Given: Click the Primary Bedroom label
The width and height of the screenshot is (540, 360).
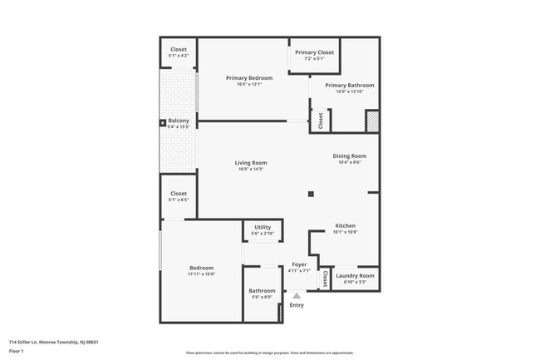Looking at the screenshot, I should [x=249, y=78].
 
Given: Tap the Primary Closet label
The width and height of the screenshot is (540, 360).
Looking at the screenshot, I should [x=314, y=52].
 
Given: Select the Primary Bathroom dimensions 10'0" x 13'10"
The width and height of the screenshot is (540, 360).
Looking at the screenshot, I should [x=349, y=92].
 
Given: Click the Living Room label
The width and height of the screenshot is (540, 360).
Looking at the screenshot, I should [x=249, y=163].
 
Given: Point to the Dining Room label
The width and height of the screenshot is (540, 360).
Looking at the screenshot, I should [x=349, y=155].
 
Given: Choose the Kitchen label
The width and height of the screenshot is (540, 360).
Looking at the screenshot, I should [x=345, y=226].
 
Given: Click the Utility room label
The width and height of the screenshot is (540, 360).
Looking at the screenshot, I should [x=263, y=227].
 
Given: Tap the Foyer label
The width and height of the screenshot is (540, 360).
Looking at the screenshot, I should [x=299, y=264].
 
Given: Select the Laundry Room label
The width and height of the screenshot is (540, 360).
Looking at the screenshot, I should [x=355, y=275].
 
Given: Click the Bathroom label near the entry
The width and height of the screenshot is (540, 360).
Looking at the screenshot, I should [x=262, y=290].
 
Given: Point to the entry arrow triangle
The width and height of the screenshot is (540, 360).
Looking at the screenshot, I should [x=297, y=294].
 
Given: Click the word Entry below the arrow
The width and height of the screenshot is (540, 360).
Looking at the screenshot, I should [x=297, y=305].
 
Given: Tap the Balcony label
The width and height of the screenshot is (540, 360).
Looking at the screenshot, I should [x=179, y=121].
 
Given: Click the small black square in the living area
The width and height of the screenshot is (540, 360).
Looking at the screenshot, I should [x=311, y=194].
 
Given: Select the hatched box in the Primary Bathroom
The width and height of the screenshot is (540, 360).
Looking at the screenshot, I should [x=372, y=121].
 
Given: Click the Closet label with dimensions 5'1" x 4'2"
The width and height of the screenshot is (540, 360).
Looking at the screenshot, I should [x=179, y=49].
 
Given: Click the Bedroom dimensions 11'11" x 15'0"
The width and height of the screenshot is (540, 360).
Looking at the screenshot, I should [x=201, y=274].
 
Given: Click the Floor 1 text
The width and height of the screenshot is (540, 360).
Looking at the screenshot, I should [x=17, y=351].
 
